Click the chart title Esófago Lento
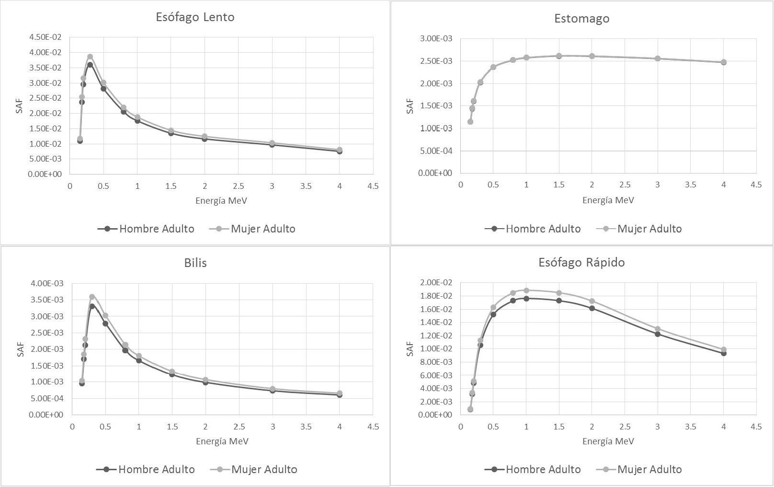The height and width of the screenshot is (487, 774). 195,17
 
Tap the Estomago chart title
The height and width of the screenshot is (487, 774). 581,19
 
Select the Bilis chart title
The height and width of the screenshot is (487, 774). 195,263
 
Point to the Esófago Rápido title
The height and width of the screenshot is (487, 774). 581,263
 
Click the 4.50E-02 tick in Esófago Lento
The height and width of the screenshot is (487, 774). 45,37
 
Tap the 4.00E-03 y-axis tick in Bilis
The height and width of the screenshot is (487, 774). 46,283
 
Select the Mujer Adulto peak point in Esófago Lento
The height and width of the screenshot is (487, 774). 90,57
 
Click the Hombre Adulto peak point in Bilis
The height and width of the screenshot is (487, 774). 92,306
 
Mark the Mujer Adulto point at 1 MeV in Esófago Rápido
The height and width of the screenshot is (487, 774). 526,290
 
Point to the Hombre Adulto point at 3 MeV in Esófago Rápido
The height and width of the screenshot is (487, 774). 658,334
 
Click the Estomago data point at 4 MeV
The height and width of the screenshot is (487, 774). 723,62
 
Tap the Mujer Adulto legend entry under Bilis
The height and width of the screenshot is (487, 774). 254,469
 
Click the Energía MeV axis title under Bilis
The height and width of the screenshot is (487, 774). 222,441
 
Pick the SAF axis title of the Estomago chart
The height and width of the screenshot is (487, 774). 410,106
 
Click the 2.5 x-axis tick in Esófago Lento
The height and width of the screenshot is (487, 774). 238,186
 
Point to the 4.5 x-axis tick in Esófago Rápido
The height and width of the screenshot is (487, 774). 755,426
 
